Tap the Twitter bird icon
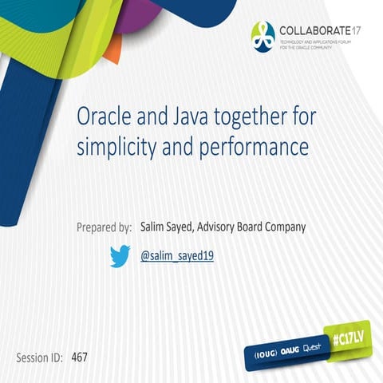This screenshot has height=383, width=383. click(x=120, y=256)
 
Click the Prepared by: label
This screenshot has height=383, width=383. click(x=104, y=227)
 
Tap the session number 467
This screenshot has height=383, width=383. click(x=79, y=357)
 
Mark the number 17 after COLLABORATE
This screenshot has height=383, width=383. click(x=358, y=30)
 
